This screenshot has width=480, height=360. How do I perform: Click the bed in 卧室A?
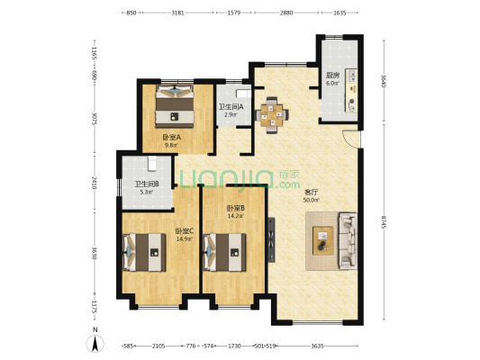175,107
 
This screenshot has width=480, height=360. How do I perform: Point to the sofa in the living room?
347,241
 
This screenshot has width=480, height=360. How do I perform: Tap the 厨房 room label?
331,77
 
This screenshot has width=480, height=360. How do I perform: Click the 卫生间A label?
231,110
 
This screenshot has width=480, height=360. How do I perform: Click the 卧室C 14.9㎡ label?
186,234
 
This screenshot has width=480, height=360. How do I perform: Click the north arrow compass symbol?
94,342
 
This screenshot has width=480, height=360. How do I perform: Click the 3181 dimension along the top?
177,13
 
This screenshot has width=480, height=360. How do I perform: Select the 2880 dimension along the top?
286,13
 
